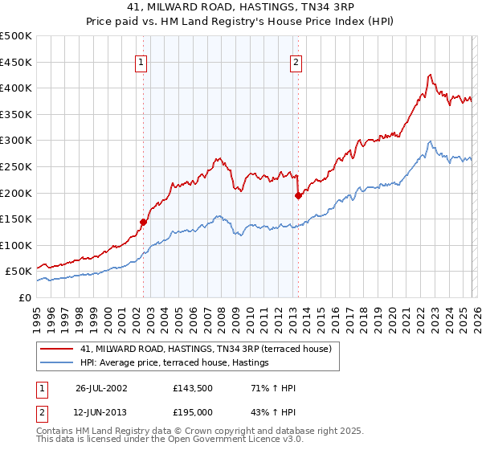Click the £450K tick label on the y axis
[x=16, y=63]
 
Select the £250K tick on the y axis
[x=16, y=167]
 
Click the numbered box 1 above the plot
[x=141, y=62]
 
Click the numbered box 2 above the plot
[x=296, y=62]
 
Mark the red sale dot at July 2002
[x=144, y=222]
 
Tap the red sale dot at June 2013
[x=298, y=194]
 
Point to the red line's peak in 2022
[x=430, y=75]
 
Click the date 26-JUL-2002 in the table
[x=102, y=388]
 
